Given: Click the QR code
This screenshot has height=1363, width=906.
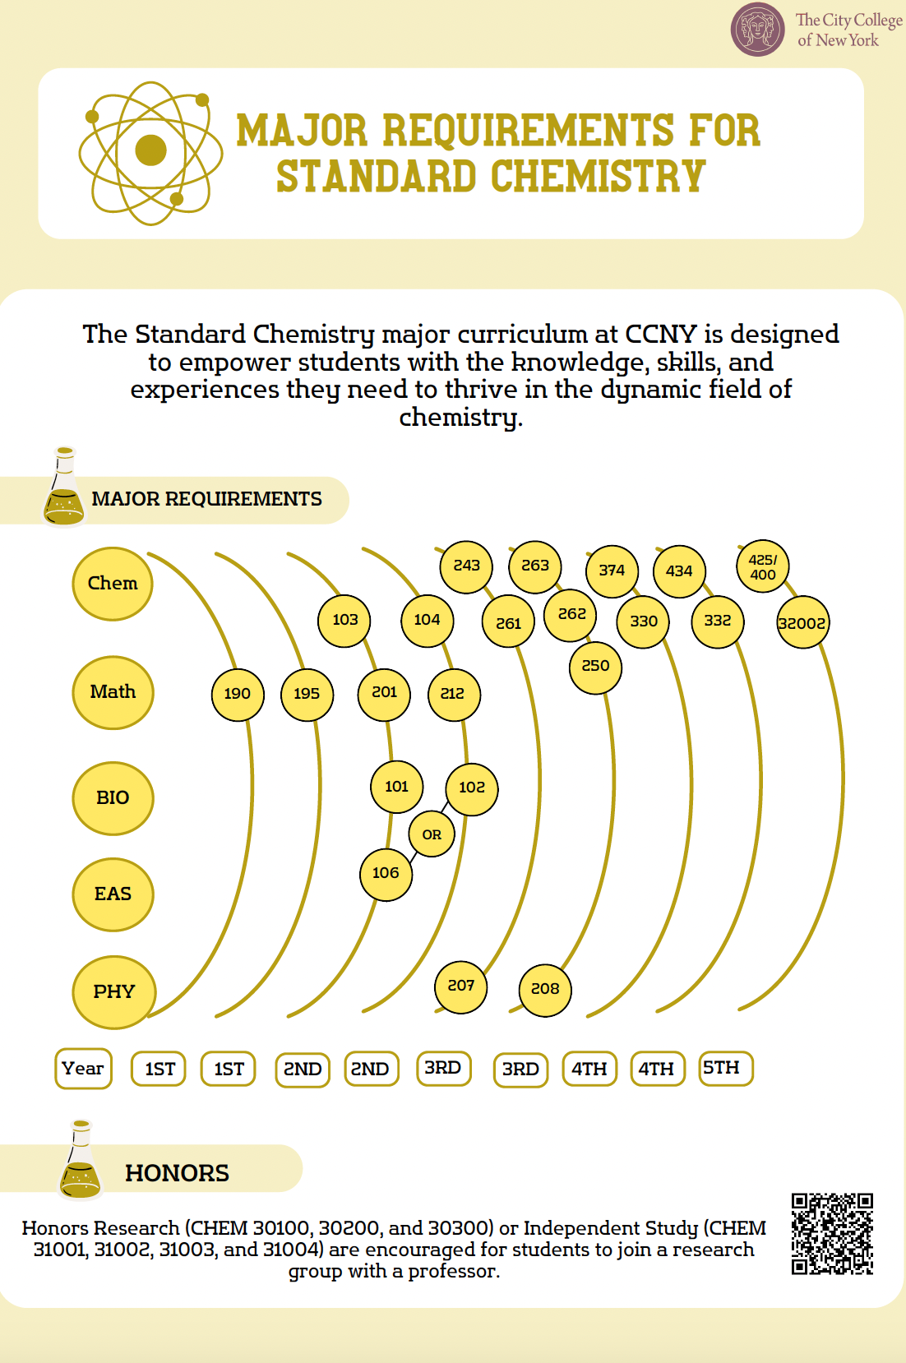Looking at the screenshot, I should click(x=832, y=1234).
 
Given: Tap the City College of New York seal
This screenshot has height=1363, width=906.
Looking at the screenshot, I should click(x=757, y=30).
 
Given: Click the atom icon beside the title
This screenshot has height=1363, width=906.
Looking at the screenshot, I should click(x=150, y=152).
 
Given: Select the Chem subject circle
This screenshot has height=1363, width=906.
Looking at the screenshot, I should click(x=113, y=584).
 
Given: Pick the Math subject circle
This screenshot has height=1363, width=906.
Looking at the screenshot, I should click(x=113, y=692).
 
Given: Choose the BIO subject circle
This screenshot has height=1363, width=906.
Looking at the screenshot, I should click(x=113, y=798).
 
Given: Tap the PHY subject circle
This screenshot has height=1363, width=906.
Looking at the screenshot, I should click(x=113, y=992).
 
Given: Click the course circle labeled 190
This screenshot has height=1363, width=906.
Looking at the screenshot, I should click(x=238, y=694).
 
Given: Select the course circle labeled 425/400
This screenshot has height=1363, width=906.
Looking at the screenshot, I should click(x=763, y=567).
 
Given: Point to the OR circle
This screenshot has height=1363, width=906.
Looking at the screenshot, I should click(x=432, y=834).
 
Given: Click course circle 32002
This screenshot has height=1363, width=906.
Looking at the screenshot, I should click(x=802, y=623).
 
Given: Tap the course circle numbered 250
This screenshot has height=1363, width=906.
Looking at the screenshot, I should click(x=595, y=667).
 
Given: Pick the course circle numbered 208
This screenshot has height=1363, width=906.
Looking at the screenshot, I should click(x=545, y=989).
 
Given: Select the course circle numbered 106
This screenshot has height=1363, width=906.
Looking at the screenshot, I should click(x=386, y=873).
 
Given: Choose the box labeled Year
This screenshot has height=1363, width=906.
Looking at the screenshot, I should click(x=83, y=1069).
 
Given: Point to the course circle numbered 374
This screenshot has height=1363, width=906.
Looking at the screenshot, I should click(x=612, y=571).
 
